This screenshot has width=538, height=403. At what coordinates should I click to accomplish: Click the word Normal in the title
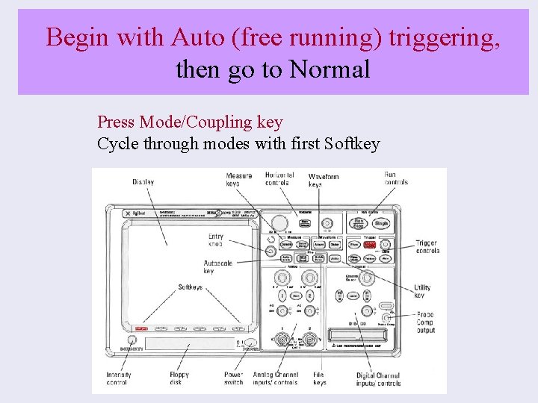pyautogui.click(x=330, y=69)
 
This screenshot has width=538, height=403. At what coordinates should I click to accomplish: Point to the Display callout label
pyautogui.click(x=143, y=182)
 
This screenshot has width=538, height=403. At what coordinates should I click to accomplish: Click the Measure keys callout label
pyautogui.click(x=239, y=180)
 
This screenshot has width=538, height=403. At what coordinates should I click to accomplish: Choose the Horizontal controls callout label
pyautogui.click(x=278, y=179)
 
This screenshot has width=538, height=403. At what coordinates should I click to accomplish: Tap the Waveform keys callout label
pyautogui.click(x=323, y=181)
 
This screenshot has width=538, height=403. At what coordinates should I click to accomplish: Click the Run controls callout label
pyautogui.click(x=396, y=179)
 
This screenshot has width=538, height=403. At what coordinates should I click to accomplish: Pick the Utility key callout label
pyautogui.click(x=422, y=291)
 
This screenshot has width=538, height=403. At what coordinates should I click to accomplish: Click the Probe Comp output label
pyautogui.click(x=426, y=323)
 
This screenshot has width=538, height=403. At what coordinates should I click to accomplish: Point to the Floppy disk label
pyautogui.click(x=179, y=378)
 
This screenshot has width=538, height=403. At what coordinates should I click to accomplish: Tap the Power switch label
pyautogui.click(x=233, y=378)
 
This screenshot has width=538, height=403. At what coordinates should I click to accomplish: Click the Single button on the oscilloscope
pyautogui.click(x=381, y=222)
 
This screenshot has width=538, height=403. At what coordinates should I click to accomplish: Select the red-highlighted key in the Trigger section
pyautogui.click(x=370, y=244)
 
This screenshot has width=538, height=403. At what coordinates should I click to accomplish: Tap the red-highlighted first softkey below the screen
pyautogui.click(x=140, y=328)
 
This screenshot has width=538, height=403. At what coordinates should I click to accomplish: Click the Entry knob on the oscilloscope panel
pyautogui.click(x=269, y=252)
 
